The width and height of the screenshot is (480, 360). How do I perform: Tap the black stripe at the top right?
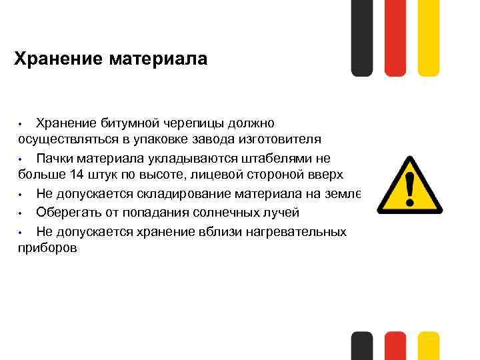362,37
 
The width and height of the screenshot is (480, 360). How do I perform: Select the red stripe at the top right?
395,37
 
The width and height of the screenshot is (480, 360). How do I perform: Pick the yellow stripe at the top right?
428,37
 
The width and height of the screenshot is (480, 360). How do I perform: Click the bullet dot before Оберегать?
21,213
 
